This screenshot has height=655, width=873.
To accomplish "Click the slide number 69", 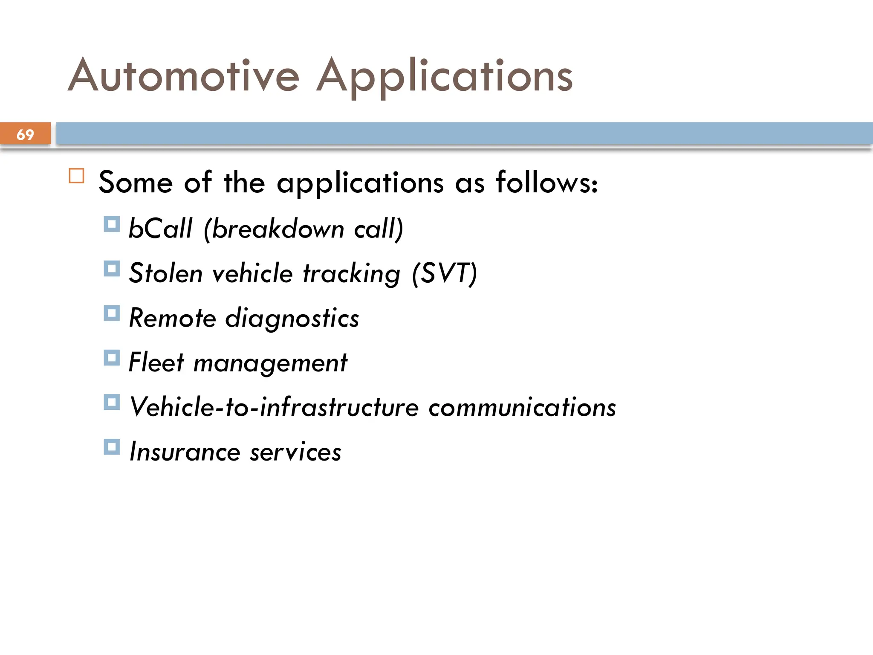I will [x=25, y=134].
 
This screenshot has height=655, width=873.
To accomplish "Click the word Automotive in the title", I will [x=184, y=76].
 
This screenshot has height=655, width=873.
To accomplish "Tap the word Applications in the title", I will [x=444, y=77].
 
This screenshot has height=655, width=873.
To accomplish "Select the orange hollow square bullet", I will [x=76, y=176].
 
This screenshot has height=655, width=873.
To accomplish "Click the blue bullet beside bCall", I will [x=112, y=224].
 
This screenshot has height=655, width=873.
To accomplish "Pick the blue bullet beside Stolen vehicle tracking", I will [x=112, y=269].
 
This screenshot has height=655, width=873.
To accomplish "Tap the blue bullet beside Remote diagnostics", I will [x=112, y=313].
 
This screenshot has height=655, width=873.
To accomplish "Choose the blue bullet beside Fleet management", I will [x=112, y=358].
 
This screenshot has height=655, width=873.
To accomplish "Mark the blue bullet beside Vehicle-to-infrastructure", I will [x=112, y=403].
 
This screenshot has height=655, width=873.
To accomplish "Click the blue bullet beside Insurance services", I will [x=112, y=447].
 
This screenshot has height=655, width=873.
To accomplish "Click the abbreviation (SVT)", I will [x=444, y=273].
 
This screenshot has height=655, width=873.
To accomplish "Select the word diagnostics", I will [x=292, y=319].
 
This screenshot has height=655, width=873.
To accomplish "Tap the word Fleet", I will [x=156, y=362].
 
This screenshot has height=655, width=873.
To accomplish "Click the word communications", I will [x=522, y=407].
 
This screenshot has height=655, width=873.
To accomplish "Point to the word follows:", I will [x=547, y=183].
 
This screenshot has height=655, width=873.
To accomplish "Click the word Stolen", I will [x=166, y=273].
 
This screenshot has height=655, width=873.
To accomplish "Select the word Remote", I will [x=172, y=318].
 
